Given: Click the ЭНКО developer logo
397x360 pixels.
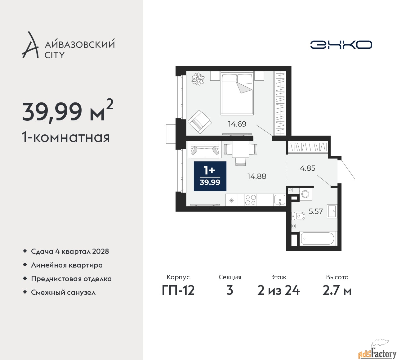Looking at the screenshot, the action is point(341,45).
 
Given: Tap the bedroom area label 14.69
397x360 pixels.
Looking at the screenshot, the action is point(237,124).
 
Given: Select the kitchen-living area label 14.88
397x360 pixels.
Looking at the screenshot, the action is point(257,176).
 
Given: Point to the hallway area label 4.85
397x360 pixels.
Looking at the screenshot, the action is point(308,168).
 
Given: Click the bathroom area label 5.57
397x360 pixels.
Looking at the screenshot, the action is point(316,211).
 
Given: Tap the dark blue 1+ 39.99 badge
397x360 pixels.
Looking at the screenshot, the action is point(210,176).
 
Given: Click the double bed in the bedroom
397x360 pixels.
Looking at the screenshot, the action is point(237,93).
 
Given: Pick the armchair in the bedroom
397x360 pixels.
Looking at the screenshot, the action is point(199,122).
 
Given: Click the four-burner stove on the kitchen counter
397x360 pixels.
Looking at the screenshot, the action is point(250,200).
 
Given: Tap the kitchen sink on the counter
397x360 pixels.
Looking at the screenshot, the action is point(280,200).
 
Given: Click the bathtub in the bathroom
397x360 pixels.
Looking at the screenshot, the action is point(318,238).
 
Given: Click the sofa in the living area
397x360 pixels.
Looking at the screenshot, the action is point(205,150).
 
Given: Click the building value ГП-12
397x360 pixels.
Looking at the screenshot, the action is point(178,290).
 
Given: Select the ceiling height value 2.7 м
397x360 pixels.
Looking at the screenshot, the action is point(337,291).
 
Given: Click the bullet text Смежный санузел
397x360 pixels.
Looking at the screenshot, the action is point(63,292).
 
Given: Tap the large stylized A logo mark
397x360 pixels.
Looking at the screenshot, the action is point(30,45).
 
